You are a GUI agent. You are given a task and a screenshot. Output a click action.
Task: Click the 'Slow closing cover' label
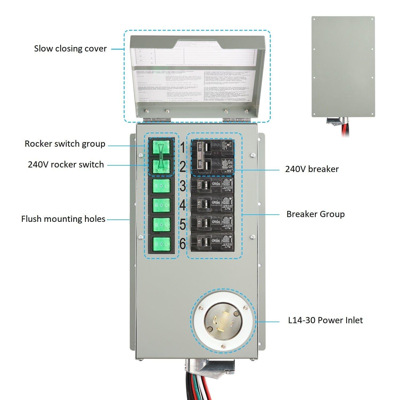(x=70, y=49)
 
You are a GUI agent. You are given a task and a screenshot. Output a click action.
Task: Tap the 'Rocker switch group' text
(x=65, y=144)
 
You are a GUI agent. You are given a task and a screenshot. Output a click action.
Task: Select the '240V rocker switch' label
(x=66, y=165)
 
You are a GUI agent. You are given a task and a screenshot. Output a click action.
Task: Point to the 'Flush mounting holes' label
(x=63, y=219)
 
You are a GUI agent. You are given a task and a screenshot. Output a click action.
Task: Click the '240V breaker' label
(x=312, y=169)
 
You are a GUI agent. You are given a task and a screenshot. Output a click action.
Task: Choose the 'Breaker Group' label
(x=315, y=214)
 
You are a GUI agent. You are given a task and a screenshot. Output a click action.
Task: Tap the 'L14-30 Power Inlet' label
(x=325, y=320)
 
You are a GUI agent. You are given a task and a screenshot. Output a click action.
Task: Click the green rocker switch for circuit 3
(x=161, y=186)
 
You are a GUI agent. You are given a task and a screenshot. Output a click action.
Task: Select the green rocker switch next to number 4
(x=161, y=205)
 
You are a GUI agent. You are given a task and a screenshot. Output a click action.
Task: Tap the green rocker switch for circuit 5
(x=161, y=225)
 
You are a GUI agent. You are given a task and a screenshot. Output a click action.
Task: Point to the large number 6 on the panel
(x=182, y=243)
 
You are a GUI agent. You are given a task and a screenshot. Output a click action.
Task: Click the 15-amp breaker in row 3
(x=212, y=186)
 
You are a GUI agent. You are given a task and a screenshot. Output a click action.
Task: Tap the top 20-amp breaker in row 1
(x=212, y=147)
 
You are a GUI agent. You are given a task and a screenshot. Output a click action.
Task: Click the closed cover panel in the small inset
(x=343, y=67)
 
